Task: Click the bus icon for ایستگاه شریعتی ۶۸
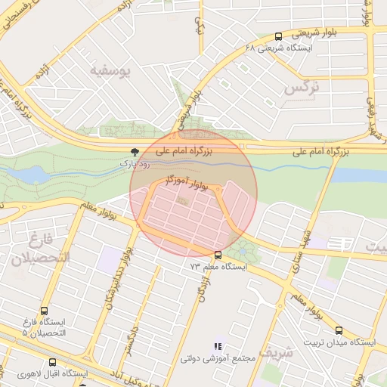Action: [x=278, y=36]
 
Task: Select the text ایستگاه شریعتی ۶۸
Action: [x=278, y=48]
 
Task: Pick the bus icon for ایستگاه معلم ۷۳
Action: [x=218, y=255]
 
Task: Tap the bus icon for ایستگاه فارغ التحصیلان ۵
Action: [x=43, y=311]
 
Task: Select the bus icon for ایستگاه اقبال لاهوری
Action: [x=52, y=362]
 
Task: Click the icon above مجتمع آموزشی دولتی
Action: [x=219, y=346]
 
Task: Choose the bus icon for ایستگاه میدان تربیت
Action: [x=339, y=330]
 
